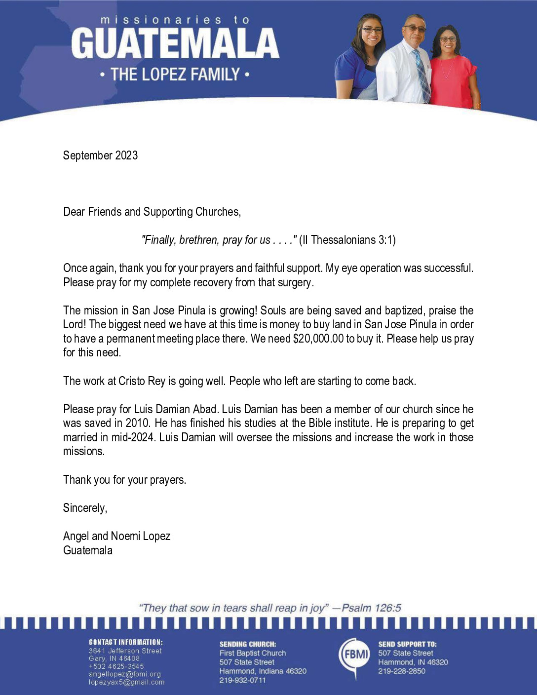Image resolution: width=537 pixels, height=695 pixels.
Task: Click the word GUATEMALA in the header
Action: (175, 43)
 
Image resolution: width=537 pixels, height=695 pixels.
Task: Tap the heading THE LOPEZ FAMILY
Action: (175, 75)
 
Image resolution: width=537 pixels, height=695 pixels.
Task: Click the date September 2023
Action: (100, 155)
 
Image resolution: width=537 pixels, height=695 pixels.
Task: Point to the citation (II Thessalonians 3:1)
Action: (347, 240)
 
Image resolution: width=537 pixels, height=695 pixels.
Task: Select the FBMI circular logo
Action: (355, 655)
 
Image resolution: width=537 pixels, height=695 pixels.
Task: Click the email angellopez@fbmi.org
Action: (125, 674)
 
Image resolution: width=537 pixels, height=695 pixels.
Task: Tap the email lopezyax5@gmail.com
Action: (126, 682)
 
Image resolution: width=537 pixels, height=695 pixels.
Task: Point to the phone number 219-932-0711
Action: (243, 680)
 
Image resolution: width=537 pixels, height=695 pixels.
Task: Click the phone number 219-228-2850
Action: (402, 671)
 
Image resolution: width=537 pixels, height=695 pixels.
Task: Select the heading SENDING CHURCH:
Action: (248, 644)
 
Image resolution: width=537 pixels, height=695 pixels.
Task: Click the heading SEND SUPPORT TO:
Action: (407, 644)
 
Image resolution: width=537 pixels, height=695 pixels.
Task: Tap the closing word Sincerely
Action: (85, 508)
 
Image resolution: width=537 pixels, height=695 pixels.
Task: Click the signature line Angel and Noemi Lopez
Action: (116, 536)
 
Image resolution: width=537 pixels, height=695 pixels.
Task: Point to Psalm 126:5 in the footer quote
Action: (371, 608)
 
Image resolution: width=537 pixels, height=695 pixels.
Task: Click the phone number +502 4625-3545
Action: (116, 666)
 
